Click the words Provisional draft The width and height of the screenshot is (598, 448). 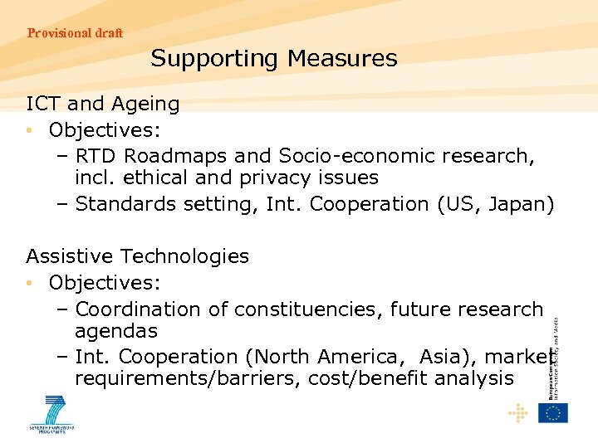click(x=75, y=33)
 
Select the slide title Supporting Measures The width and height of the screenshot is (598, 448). click(x=274, y=59)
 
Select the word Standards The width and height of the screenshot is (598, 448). click(x=123, y=204)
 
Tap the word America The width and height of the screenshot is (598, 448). click(x=351, y=357)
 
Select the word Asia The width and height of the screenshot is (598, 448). click(x=444, y=357)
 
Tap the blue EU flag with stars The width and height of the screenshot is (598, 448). click(x=552, y=412)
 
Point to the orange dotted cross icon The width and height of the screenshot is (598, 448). click(x=518, y=412)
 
